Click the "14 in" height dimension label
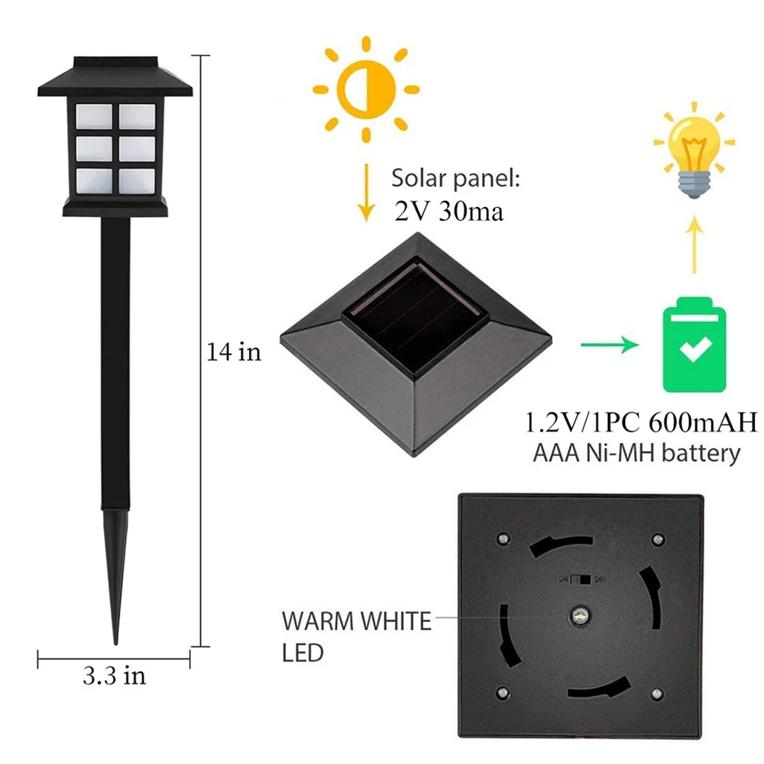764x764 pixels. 234,352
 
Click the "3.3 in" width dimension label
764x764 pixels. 114,675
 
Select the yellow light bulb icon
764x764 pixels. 694,154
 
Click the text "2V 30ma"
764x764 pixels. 449,212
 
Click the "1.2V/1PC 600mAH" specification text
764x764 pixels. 639,422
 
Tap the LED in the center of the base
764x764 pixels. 578,617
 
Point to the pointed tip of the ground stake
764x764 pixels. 116,638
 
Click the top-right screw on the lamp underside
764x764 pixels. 657,539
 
